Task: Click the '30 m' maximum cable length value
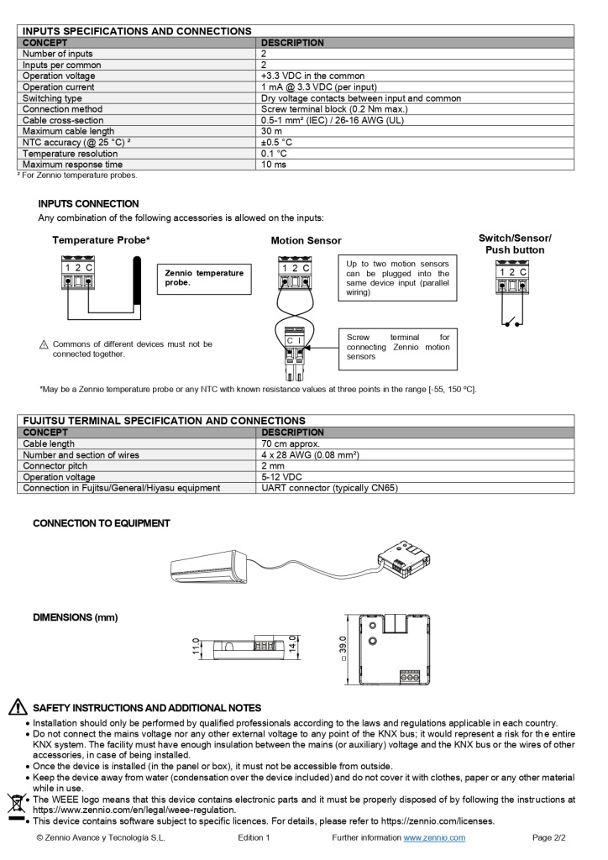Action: click(x=271, y=131)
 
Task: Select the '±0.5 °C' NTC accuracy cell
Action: click(x=276, y=142)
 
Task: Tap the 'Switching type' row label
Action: click(x=52, y=98)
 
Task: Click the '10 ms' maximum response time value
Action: click(x=273, y=165)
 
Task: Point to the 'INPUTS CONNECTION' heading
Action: click(x=88, y=204)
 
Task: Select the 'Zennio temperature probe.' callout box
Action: click(x=204, y=278)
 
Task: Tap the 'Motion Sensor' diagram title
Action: click(x=306, y=241)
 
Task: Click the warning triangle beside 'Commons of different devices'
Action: click(x=44, y=345)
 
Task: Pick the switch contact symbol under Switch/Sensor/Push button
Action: click(x=512, y=320)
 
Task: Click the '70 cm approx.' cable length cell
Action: click(x=291, y=443)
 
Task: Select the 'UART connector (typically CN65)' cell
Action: click(x=329, y=488)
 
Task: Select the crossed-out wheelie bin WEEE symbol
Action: click(x=15, y=805)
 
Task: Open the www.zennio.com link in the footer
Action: click(x=434, y=837)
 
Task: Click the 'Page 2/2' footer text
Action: click(x=549, y=837)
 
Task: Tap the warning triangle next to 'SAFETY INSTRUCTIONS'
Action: click(x=18, y=707)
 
